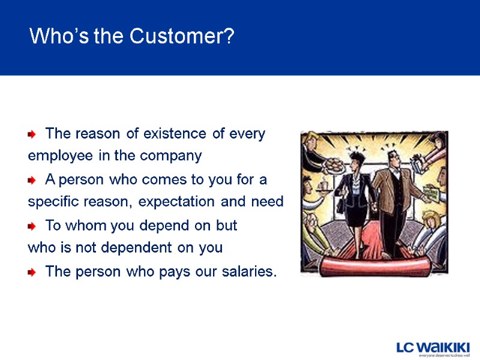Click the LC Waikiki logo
(x=433, y=348)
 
